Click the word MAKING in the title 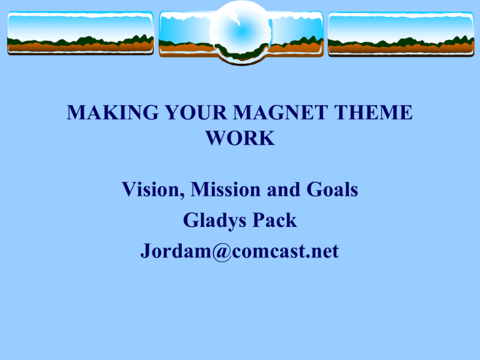(x=112, y=112)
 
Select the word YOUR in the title (x=196, y=112)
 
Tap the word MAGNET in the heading (x=281, y=112)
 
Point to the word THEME (x=373, y=112)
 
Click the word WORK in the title (x=240, y=138)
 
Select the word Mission (x=226, y=189)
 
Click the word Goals (x=332, y=189)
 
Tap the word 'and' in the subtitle (x=284, y=189)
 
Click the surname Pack (x=274, y=221)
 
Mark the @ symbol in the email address (x=222, y=252)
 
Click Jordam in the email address (x=176, y=251)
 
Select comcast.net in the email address (x=285, y=252)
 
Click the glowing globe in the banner (x=241, y=31)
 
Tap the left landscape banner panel (x=81, y=33)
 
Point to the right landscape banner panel (x=401, y=34)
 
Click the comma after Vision (x=182, y=196)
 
